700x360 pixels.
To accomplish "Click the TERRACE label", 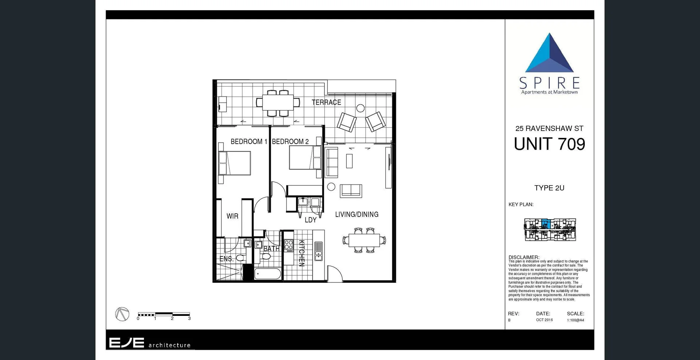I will (326, 102).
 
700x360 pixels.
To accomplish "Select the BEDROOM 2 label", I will (290, 142).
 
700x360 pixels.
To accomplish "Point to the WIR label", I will (232, 216).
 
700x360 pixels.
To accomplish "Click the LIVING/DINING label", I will (357, 214).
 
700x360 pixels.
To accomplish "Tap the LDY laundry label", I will (310, 220).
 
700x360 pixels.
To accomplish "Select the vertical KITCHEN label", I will (302, 253).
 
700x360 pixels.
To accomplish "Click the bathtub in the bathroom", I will (268, 274).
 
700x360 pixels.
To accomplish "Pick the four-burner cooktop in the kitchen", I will (289, 245).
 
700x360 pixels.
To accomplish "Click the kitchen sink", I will (318, 251).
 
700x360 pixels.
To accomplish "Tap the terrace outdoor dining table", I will (278, 102).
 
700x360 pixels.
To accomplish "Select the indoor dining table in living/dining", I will (364, 240).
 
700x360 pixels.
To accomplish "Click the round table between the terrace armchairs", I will (360, 108).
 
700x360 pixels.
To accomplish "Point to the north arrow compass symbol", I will (122, 314).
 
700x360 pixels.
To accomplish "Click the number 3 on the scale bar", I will (189, 318).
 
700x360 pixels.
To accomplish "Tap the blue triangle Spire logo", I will (549, 54).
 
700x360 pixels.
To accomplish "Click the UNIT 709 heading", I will (549, 144).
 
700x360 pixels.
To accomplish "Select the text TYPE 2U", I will (549, 188).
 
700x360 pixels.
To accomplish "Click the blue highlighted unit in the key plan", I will (545, 224).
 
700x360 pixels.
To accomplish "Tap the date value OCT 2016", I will (544, 320).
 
